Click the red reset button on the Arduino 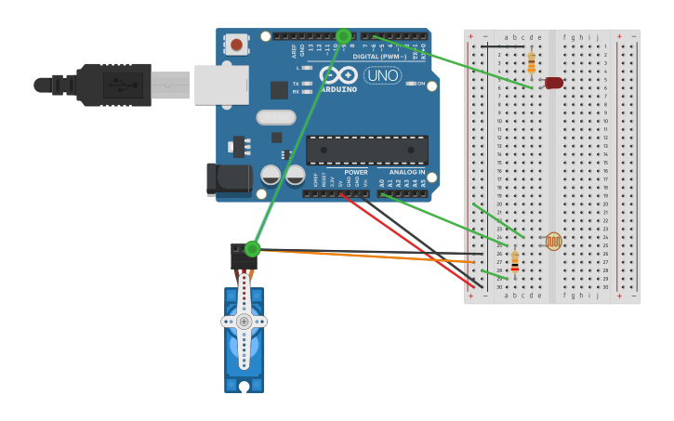(237, 45)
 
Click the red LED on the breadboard (554, 83)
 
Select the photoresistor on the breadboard (553, 242)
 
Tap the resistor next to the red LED (531, 62)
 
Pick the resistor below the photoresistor (514, 264)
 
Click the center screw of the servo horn (244, 322)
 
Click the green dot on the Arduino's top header (343, 36)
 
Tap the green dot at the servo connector (252, 248)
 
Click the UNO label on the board (382, 75)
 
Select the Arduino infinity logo (338, 74)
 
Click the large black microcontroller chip (367, 150)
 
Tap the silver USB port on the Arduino (221, 85)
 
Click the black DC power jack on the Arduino (229, 179)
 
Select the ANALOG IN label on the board (406, 172)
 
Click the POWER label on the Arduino (356, 172)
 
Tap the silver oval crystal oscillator (276, 117)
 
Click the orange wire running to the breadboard (372, 255)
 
